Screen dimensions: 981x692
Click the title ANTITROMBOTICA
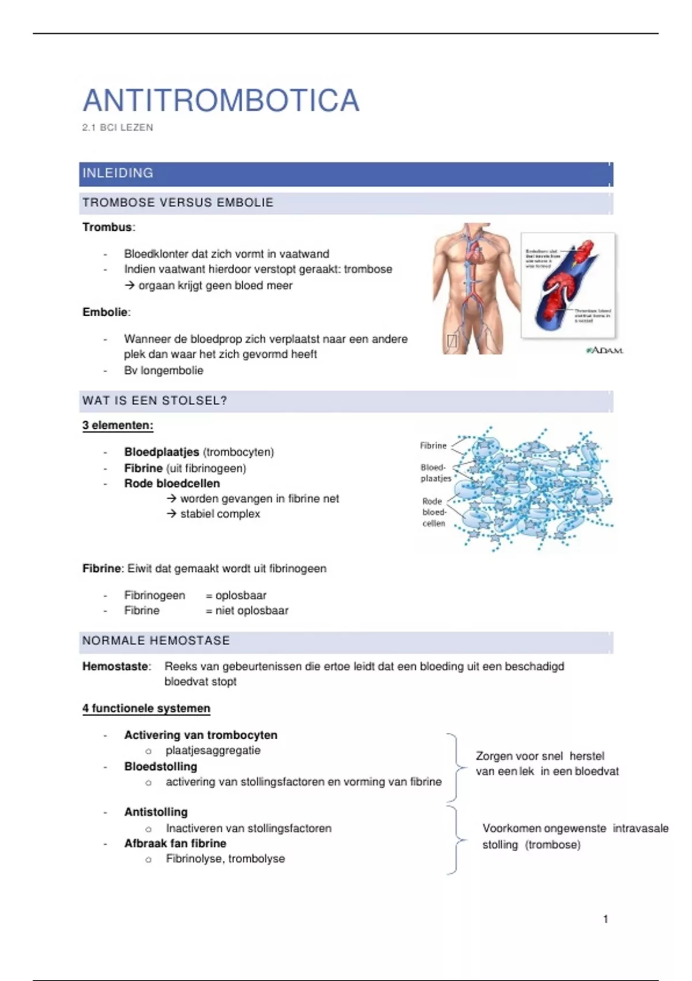point(221,100)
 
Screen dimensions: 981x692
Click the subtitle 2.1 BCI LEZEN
point(118,128)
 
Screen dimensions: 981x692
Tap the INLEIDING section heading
point(118,173)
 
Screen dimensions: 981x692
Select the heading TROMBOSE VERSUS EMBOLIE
point(178,203)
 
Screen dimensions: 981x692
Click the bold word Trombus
point(107,227)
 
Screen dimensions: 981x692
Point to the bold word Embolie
point(105,312)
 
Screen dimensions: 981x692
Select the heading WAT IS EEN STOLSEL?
point(155,400)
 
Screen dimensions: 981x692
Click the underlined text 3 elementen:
point(118,425)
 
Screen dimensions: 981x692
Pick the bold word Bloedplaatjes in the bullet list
point(161,452)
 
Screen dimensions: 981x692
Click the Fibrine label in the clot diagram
point(433,445)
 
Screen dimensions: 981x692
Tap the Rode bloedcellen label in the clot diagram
point(434,512)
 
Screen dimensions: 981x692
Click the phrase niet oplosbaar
point(251,611)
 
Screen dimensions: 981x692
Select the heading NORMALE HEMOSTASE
point(156,641)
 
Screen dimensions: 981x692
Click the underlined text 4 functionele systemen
point(146,708)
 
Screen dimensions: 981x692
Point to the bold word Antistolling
point(156,812)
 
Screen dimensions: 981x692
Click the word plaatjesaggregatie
point(213,750)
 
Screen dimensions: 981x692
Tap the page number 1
point(605,919)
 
